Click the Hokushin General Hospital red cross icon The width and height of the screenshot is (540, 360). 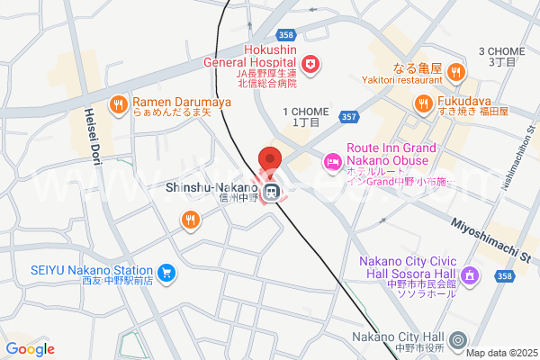pos(310,64)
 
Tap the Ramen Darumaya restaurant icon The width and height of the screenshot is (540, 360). pos(118,105)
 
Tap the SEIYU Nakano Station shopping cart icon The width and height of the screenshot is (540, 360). pos(166,272)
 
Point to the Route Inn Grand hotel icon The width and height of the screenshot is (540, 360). pos(331,163)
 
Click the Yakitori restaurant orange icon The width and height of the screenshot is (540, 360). pos(455,71)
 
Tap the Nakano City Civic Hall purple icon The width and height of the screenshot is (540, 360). pos(467,275)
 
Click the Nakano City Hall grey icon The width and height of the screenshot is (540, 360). pos(458,340)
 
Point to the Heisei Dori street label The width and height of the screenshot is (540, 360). pos(92,135)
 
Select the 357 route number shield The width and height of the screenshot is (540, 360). pos(350,117)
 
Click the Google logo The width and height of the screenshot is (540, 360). pos(30,349)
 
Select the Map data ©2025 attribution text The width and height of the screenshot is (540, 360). pos(501,352)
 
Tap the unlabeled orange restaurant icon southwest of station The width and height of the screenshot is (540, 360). pos(190,219)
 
